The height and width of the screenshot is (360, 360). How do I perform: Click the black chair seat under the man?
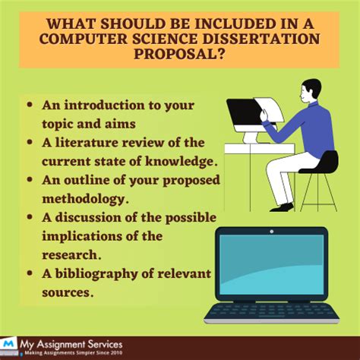pos(326,162)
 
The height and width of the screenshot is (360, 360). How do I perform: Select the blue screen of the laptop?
pos(272,266)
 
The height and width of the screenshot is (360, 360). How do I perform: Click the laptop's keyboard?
pos(272,310)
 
